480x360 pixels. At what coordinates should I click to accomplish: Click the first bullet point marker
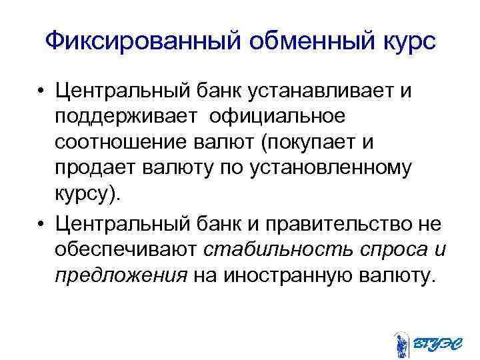coord(41,91)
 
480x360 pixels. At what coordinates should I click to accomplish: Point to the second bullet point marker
coord(41,223)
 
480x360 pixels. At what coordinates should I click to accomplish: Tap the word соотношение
coord(129,142)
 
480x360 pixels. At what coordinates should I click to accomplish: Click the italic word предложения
coord(121,274)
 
